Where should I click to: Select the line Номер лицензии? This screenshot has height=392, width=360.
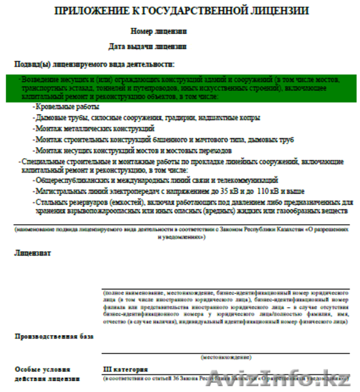(x=158, y=31)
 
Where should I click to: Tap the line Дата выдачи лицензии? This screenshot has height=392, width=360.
(x=147, y=46)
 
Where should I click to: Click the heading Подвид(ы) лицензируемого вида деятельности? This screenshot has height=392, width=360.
(x=95, y=64)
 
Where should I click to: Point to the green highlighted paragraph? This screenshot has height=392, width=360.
(x=181, y=88)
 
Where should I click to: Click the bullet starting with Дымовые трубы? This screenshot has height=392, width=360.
(x=146, y=118)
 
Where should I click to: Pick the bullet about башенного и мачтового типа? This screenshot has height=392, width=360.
(x=163, y=140)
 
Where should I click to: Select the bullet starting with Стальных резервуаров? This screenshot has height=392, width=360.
(x=192, y=206)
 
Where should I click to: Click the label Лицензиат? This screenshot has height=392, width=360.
(x=33, y=252)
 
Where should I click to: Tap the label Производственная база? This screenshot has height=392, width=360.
(x=54, y=336)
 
